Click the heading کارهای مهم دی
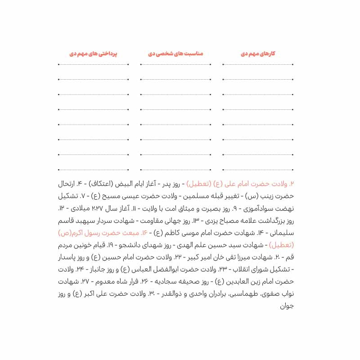[258, 54]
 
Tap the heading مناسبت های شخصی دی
[175, 54]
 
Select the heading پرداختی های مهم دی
[93, 54]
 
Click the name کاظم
[170, 234]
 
